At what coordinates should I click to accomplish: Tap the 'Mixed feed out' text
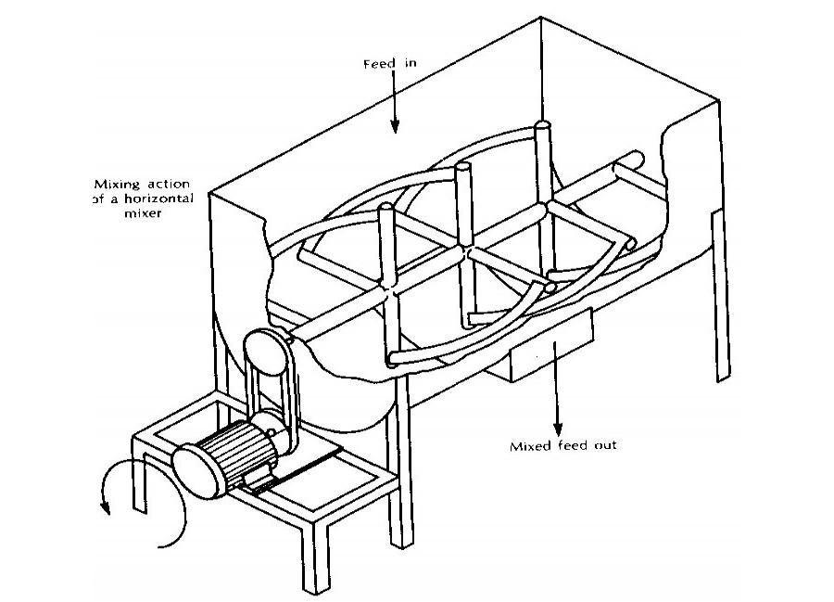pos(563,445)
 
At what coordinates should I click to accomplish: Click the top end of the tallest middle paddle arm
pos(464,170)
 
